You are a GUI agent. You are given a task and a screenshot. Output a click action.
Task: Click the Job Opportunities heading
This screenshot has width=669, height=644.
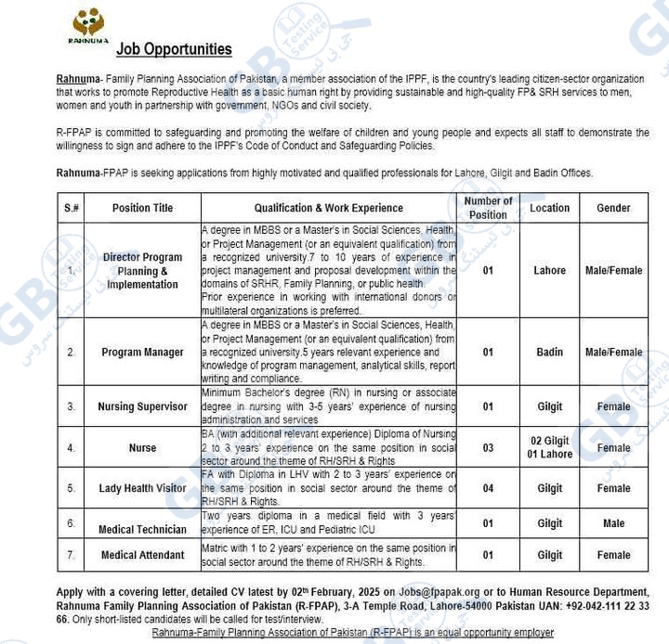[174, 49]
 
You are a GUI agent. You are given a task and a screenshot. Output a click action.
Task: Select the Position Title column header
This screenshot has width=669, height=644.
[143, 208]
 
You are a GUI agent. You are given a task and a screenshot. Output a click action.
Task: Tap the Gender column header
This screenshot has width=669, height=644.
[613, 208]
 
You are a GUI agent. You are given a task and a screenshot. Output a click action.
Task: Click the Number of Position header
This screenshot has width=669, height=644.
[488, 208]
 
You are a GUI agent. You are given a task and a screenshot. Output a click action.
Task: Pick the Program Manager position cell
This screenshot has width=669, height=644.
[143, 353]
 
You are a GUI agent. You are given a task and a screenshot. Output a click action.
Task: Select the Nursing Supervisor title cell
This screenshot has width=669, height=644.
[143, 406]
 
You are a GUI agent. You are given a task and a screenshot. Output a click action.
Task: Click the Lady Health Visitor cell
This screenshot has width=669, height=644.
[143, 488]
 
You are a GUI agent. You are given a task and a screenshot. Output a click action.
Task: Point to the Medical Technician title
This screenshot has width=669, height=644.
[143, 530]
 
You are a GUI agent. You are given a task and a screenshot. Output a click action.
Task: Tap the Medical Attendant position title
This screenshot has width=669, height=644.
[143, 555]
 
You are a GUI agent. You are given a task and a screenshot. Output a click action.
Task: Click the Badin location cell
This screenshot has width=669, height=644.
[549, 353]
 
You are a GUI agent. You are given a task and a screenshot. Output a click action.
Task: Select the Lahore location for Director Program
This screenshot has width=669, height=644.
[549, 271]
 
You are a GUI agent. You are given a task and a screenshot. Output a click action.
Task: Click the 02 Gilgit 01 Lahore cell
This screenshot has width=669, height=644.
[549, 447]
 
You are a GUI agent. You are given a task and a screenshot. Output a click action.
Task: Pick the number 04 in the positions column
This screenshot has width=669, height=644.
[488, 488]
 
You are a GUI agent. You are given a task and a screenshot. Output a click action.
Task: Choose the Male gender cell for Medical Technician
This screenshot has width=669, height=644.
[613, 523]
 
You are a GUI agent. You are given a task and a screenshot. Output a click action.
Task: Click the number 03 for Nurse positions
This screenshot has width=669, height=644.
[488, 447]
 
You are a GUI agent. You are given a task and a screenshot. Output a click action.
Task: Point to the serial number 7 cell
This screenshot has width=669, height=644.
[72, 555]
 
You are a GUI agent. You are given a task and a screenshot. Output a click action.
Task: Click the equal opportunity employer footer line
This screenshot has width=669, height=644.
[353, 633]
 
